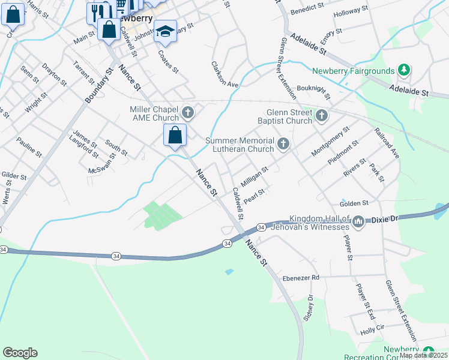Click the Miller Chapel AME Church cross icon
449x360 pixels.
click(188, 113)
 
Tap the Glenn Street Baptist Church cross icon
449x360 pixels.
click(321, 115)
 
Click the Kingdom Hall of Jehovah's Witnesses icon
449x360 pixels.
click(359, 223)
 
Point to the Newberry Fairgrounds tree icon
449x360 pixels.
click(405, 71)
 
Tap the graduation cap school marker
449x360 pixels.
click(165, 31)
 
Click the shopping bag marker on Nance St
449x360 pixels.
click(175, 136)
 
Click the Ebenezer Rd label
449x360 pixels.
click(307, 278)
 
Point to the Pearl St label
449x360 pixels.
click(254, 196)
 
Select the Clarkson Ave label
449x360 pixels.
click(225, 74)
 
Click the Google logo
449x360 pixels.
click(20, 353)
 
